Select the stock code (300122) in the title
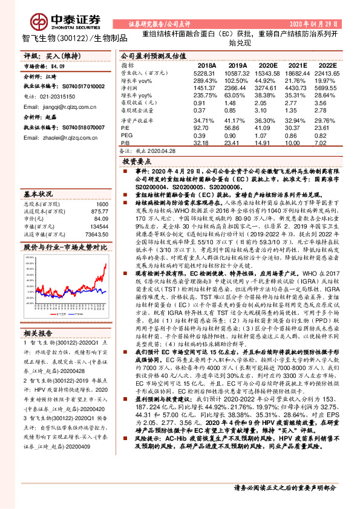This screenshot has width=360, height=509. tap(71, 38)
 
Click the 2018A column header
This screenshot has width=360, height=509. tap(207, 65)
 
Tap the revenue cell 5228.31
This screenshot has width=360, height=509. tap(205, 72)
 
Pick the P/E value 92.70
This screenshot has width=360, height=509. tap(206, 129)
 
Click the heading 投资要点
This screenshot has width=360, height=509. tap(137, 163)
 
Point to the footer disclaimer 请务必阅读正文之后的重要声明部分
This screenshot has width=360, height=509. tap(284, 487)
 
